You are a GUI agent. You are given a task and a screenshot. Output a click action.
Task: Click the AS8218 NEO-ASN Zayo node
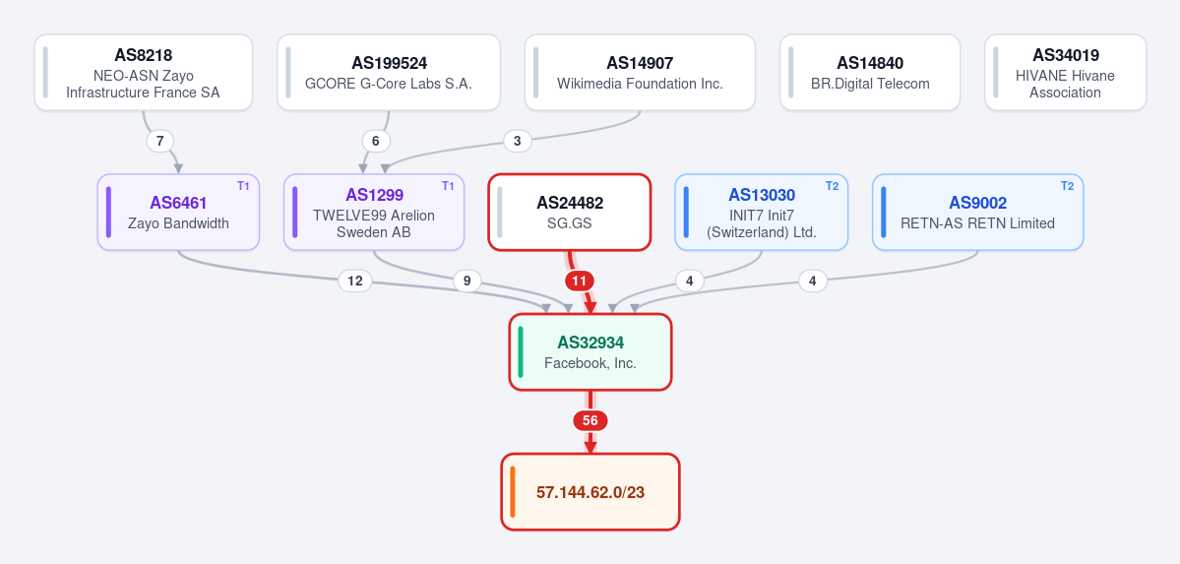(x=144, y=72)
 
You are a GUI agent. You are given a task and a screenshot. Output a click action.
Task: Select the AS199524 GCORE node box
(x=389, y=72)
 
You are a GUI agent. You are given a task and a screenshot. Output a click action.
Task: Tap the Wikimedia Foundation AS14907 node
(x=640, y=72)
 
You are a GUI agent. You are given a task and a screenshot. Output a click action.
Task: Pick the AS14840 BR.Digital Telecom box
(x=870, y=72)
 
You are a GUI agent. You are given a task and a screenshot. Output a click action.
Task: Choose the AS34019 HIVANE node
(x=1065, y=72)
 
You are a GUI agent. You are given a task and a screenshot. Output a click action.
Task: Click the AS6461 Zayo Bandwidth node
(x=178, y=213)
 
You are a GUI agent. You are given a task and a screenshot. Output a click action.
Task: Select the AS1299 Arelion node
(x=374, y=213)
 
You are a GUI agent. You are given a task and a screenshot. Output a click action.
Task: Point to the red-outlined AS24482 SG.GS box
(x=570, y=213)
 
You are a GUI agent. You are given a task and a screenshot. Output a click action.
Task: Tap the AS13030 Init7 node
(x=762, y=213)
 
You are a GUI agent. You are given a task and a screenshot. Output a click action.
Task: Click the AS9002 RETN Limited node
(x=977, y=213)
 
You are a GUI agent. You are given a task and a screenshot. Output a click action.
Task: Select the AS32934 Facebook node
(x=590, y=351)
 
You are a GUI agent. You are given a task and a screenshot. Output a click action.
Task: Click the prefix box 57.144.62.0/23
(x=590, y=492)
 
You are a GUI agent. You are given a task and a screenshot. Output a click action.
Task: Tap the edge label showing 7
(x=159, y=141)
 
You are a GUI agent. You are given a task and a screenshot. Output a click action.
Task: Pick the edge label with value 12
(x=355, y=281)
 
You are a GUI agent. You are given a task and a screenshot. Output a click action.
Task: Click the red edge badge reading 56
(x=590, y=421)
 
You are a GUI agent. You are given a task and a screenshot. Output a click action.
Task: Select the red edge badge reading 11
(x=579, y=281)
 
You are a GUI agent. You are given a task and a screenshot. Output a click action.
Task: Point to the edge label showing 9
(x=466, y=281)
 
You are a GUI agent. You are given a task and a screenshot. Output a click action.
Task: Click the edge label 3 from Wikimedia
(x=517, y=141)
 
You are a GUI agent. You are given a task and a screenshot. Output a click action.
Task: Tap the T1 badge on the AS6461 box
(x=243, y=186)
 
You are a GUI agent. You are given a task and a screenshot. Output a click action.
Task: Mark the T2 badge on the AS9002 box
(x=1067, y=186)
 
